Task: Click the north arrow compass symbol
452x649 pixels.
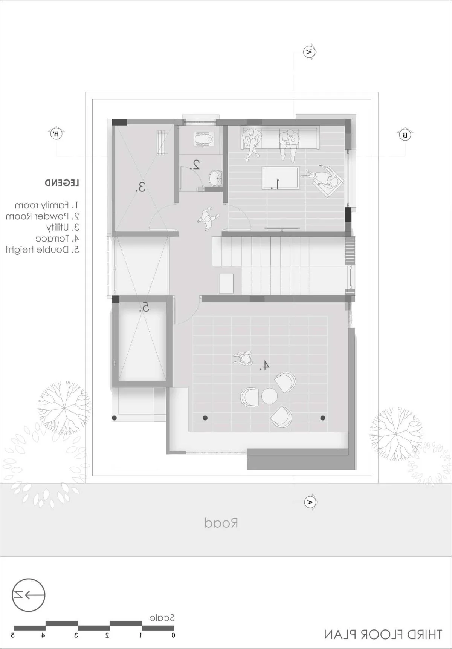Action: pyautogui.click(x=29, y=595)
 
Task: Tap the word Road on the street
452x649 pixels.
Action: pyautogui.click(x=221, y=523)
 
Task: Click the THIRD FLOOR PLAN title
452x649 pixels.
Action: pyautogui.click(x=383, y=634)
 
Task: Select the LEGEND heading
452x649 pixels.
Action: pyautogui.click(x=62, y=183)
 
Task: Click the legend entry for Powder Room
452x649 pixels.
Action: pyautogui.click(x=42, y=216)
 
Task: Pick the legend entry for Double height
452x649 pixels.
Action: pyautogui.click(x=42, y=249)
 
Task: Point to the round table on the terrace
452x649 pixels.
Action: pyautogui.click(x=269, y=396)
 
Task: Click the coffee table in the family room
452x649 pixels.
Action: pyautogui.click(x=281, y=178)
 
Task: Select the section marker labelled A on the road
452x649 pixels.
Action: pyautogui.click(x=310, y=502)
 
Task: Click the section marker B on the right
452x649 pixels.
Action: pyautogui.click(x=405, y=135)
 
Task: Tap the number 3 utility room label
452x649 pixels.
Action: pyautogui.click(x=140, y=187)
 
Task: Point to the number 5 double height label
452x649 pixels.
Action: pyautogui.click(x=144, y=308)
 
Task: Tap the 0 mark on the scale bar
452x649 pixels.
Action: pyautogui.click(x=173, y=635)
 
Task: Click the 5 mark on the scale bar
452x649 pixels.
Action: pyautogui.click(x=13, y=635)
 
